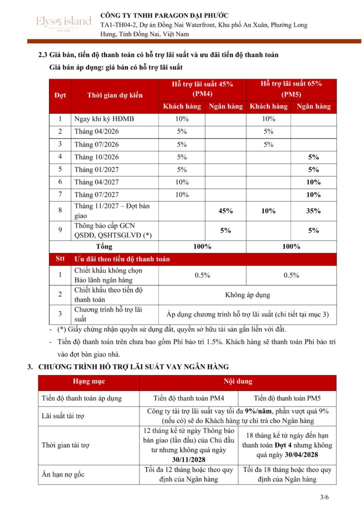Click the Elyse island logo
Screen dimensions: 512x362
[x=63, y=22]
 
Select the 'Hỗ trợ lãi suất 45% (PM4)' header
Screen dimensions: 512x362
[x=202, y=88]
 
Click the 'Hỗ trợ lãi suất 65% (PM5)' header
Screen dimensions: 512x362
[x=291, y=88]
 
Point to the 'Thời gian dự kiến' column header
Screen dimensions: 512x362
[x=114, y=95]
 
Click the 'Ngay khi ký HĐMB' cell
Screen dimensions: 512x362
[x=104, y=119]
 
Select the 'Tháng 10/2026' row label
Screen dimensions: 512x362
[x=97, y=157]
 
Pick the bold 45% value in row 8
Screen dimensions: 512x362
[x=225, y=210]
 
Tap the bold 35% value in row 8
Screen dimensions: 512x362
[x=313, y=210]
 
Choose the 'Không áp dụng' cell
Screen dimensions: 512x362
[x=247, y=294]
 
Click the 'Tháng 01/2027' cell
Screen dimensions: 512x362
[x=97, y=169]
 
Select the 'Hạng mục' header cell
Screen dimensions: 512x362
[x=89, y=381]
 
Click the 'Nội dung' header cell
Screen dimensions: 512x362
[x=237, y=381]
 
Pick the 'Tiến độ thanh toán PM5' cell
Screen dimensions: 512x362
[x=287, y=398]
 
